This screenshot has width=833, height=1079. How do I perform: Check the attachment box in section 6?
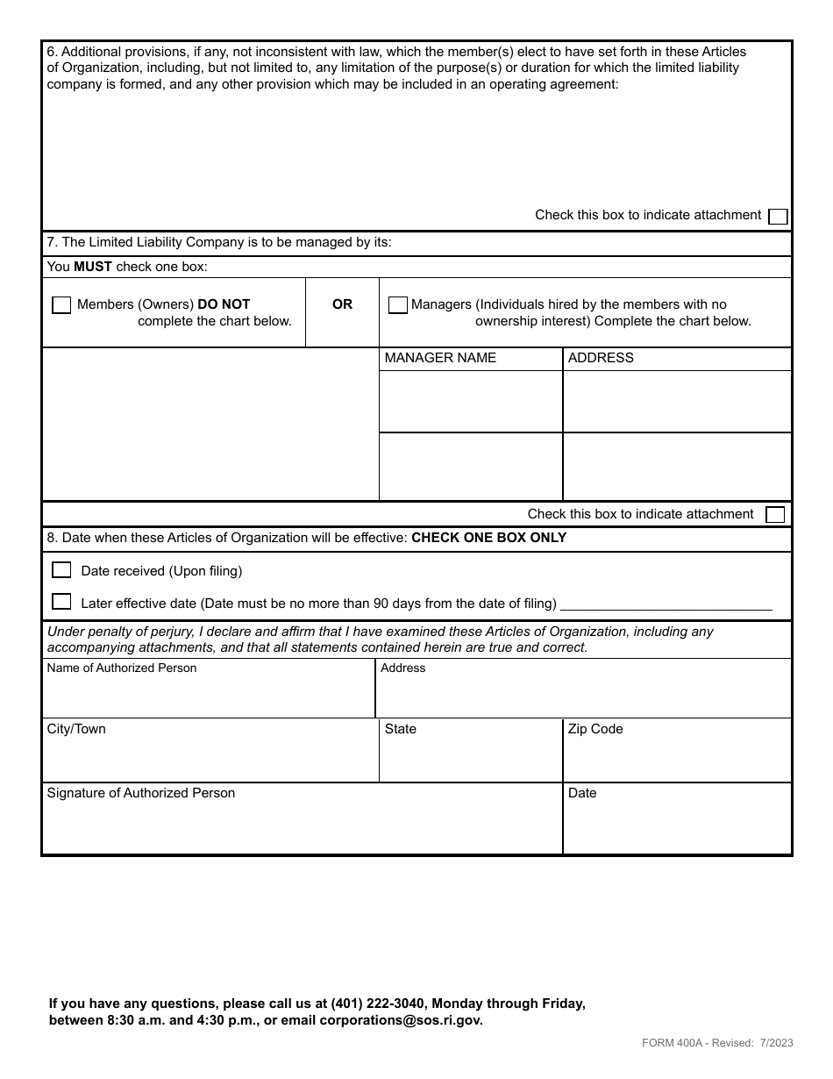tap(777, 217)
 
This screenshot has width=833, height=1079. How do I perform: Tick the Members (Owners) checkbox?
tap(61, 305)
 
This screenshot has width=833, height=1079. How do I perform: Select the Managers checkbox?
tap(397, 305)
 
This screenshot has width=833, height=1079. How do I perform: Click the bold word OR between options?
tap(342, 304)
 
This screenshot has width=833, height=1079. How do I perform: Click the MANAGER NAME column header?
tap(440, 358)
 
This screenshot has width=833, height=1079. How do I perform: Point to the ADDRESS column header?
tap(601, 358)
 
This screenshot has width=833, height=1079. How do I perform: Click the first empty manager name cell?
tap(470, 402)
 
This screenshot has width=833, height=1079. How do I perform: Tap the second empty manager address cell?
tap(676, 467)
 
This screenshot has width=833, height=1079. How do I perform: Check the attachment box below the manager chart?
tap(775, 515)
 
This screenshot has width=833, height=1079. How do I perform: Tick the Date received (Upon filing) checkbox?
tap(61, 570)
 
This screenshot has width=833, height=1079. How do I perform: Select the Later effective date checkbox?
tap(61, 602)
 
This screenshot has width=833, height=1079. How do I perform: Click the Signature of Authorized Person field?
tap(302, 825)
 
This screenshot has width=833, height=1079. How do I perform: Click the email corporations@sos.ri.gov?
tap(401, 1020)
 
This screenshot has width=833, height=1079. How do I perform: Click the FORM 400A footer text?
tap(717, 1043)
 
